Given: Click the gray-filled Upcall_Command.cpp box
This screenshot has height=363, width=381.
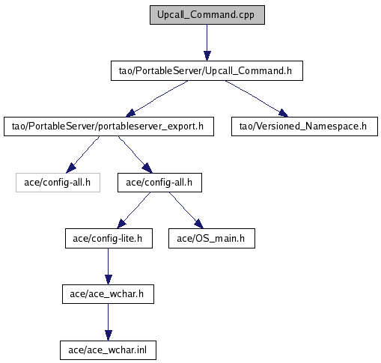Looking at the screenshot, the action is tap(207, 15).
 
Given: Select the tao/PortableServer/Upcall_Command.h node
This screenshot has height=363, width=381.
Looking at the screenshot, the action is tap(207, 70).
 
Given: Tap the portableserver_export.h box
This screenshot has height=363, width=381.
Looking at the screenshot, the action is tap(109, 126).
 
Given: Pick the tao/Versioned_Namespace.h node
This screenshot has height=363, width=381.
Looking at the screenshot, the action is tap(305, 126).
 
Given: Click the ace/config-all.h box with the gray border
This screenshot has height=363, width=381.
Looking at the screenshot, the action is tap(58, 183).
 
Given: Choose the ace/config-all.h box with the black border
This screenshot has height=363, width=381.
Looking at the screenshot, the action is tap(159, 183).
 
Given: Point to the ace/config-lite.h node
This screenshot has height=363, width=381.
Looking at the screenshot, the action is tap(109, 239).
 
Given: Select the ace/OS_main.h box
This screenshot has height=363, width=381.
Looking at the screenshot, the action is tap(212, 239).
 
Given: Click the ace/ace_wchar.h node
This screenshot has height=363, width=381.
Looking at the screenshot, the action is tap(108, 294).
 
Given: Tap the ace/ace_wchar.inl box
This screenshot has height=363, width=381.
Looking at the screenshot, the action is tap(108, 350).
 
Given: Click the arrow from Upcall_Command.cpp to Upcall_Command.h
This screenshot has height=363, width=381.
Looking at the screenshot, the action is tap(207, 43).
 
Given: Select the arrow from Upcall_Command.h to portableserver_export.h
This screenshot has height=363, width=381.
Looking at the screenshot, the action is tap(157, 99).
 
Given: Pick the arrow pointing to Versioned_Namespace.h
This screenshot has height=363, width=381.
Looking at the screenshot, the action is tap(257, 99).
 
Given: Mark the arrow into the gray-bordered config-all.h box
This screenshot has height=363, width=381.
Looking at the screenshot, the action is tap(83, 155).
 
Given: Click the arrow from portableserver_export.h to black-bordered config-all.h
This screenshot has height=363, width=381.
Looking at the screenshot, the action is tap(135, 155).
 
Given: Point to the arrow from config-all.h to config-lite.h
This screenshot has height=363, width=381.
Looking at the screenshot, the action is tap(134, 210).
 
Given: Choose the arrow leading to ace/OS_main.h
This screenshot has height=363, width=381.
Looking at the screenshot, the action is tap(186, 210).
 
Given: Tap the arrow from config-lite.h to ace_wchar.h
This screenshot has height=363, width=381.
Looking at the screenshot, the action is tap(109, 266).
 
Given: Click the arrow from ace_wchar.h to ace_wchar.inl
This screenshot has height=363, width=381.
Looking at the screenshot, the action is tap(109, 323).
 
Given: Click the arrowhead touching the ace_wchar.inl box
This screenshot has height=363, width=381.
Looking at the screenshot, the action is tap(109, 335).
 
